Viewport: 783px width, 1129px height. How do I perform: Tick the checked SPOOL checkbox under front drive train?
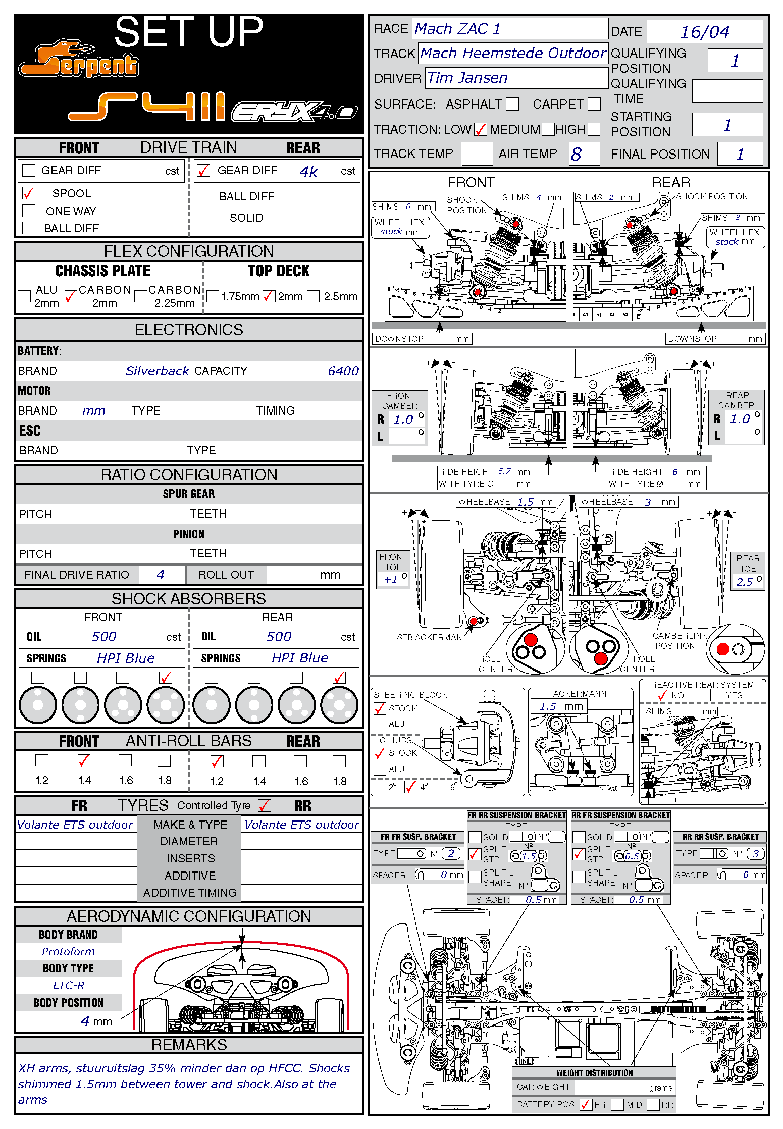click(29, 193)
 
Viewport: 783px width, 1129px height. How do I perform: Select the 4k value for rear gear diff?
click(308, 172)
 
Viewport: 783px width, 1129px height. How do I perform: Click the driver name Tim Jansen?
click(467, 78)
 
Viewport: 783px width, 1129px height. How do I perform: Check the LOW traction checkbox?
click(481, 130)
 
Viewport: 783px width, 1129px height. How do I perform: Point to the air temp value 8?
click(577, 154)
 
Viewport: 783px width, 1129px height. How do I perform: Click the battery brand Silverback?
click(158, 371)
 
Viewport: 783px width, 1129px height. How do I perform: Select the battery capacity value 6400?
click(343, 371)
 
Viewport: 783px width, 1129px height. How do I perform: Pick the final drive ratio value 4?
click(161, 575)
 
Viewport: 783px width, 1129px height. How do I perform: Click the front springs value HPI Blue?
click(126, 658)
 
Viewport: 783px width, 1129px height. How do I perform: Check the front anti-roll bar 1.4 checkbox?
click(84, 760)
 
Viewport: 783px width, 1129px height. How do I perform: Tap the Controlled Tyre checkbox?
click(265, 806)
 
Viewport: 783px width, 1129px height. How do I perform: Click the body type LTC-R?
click(69, 986)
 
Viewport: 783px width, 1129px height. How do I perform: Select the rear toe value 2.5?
click(744, 582)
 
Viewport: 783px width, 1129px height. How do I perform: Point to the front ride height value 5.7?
click(505, 471)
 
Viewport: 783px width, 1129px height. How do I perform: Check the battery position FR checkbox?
click(586, 1105)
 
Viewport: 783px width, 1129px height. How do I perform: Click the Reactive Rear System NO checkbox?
click(663, 695)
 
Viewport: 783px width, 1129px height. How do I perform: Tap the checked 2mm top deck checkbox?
click(269, 296)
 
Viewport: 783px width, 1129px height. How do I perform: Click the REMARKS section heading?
click(189, 1045)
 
